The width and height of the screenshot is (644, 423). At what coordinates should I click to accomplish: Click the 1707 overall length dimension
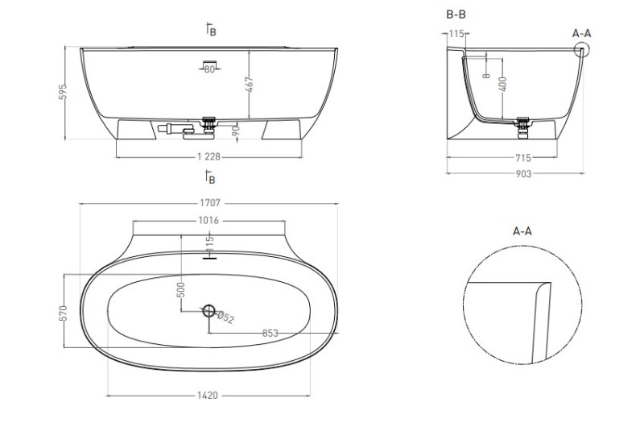point(210,203)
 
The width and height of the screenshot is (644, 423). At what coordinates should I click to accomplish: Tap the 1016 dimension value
point(208,221)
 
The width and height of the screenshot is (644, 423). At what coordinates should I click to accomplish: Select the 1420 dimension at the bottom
point(208,396)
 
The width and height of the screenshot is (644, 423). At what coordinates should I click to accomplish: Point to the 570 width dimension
point(63,313)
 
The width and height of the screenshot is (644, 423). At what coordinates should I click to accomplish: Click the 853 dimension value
point(270,333)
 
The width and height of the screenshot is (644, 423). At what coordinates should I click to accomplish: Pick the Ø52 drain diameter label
point(225,317)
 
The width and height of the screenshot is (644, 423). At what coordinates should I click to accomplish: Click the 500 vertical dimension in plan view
point(181,289)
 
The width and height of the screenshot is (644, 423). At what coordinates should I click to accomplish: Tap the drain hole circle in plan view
point(209,311)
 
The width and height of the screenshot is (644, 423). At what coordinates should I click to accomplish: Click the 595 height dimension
point(63,92)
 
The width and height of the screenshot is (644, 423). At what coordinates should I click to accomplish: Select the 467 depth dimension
point(250,85)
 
